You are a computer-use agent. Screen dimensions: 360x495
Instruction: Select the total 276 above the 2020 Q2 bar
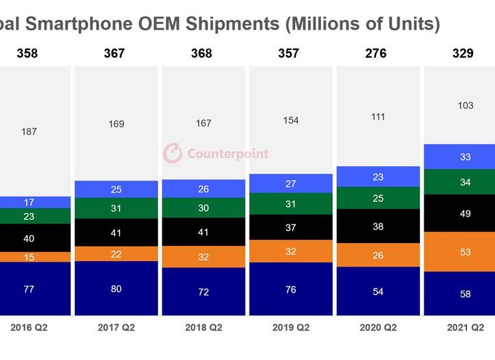375,54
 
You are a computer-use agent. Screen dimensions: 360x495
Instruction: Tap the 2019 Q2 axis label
290,328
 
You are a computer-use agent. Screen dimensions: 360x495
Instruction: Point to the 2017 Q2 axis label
116,328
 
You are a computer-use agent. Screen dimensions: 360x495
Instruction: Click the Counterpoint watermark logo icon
173,154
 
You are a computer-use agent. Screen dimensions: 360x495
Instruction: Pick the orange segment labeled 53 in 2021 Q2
465,252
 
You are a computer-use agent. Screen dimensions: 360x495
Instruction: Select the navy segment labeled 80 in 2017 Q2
116,289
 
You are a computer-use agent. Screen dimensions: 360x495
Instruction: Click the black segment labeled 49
465,214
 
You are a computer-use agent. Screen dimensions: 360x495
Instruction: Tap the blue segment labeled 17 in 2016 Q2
29,202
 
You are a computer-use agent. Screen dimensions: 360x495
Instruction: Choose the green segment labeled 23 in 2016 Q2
29,216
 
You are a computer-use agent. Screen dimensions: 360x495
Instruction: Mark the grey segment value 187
29,131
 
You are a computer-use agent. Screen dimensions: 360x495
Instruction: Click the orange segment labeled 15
29,257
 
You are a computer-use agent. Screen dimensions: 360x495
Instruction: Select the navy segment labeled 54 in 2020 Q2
377,291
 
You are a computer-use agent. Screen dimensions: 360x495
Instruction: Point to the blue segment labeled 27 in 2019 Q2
290,183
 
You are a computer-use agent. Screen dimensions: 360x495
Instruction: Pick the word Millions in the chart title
329,25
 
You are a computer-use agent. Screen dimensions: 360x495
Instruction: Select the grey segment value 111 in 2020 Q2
377,117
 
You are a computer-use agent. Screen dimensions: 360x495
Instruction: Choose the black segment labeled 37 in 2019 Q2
290,227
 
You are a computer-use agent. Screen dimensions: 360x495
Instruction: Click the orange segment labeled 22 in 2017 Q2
116,254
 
